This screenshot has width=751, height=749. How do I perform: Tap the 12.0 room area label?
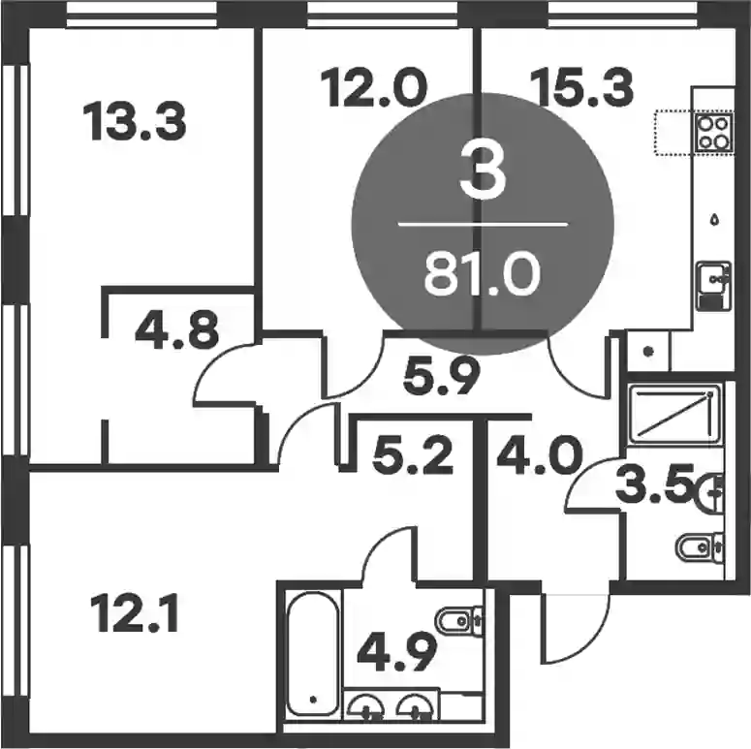coord(373,87)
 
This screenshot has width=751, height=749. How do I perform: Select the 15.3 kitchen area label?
coord(582,87)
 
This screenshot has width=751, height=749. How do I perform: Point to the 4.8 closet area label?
coord(177,329)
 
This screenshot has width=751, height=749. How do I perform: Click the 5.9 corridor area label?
coord(441,376)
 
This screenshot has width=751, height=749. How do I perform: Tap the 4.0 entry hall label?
coord(540,456)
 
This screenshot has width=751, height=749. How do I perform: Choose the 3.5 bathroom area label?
coord(655,483)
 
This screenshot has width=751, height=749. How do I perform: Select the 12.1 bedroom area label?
coord(135,612)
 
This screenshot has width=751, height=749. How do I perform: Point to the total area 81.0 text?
coord(483,274)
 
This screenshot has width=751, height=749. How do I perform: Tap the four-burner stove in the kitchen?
coord(713,133)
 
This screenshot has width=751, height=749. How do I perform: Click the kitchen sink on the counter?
coord(713,286)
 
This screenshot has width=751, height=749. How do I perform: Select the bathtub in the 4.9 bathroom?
coord(313,653)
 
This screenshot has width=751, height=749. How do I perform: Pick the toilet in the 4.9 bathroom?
coord(458,621)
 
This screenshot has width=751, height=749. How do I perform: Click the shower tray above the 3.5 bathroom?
coord(674,414)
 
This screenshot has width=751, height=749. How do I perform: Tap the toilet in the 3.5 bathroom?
coord(699,546)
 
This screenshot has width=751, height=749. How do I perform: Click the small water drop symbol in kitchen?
coord(715,219)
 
